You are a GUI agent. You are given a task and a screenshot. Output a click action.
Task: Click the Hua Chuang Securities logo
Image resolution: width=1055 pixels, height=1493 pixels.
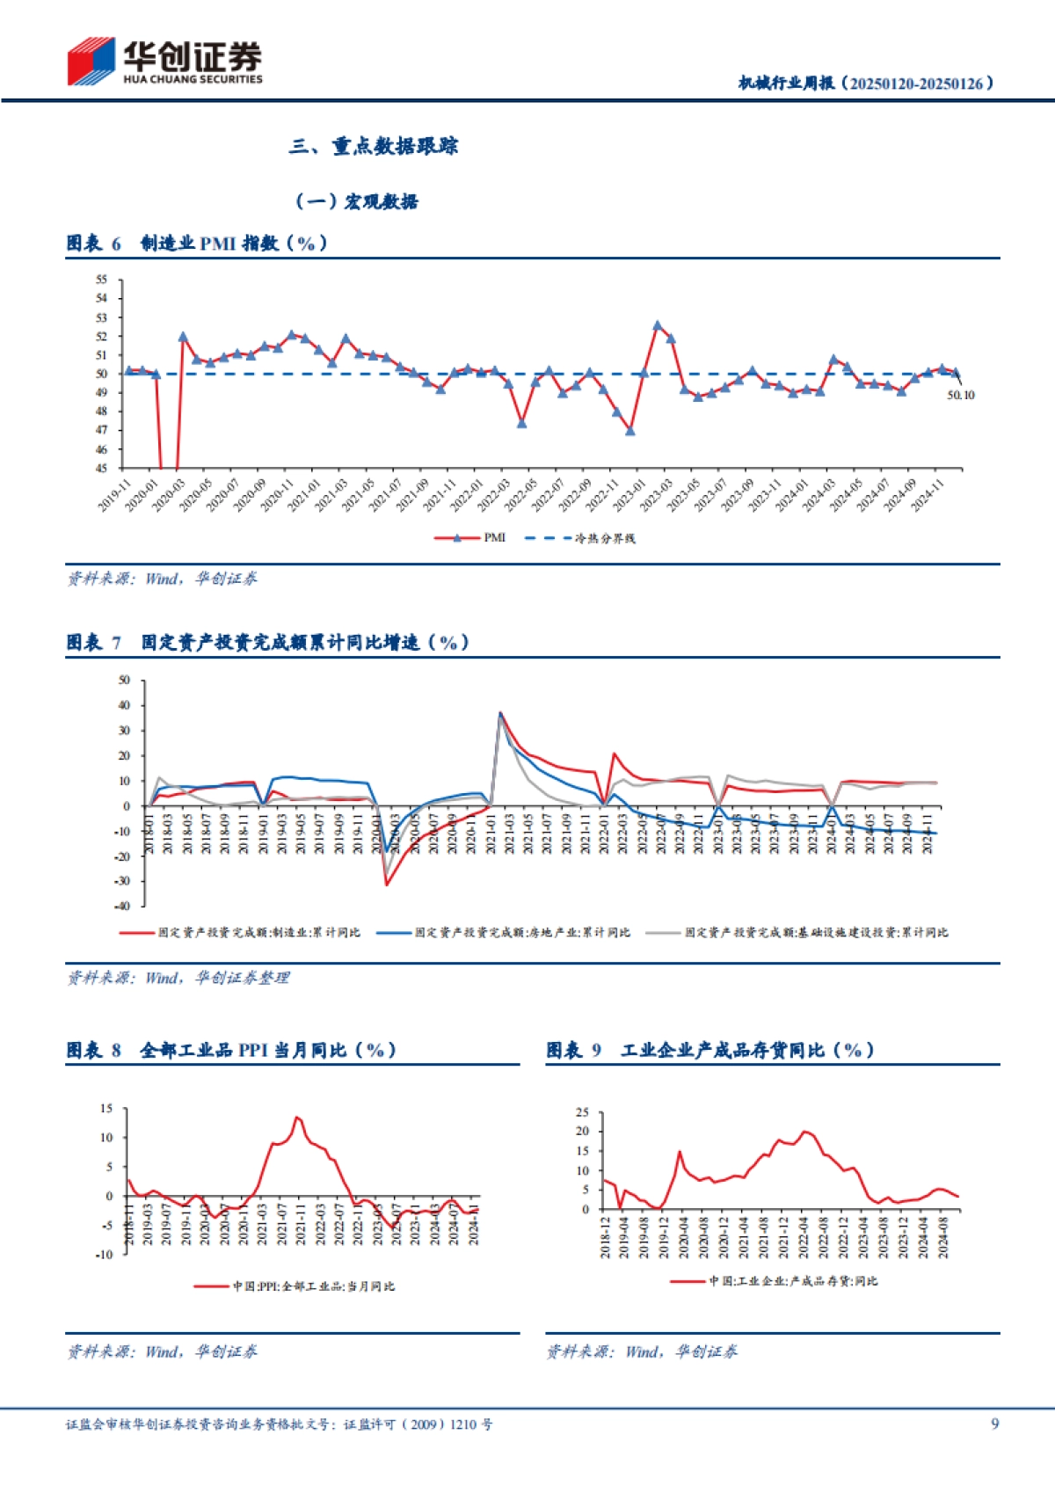tap(164, 62)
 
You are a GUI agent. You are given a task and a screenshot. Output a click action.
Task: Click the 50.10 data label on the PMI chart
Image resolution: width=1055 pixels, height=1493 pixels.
tap(960, 396)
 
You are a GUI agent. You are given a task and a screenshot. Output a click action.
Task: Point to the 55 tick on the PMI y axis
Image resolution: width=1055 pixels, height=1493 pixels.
tap(101, 280)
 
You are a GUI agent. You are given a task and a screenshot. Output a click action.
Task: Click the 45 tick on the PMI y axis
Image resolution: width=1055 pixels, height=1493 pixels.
tap(101, 468)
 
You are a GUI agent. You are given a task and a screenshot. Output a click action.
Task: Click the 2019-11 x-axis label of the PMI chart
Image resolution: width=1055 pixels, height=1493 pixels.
tap(114, 494)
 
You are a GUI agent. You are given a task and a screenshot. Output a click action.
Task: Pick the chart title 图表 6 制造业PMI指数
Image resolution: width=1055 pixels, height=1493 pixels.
tap(197, 243)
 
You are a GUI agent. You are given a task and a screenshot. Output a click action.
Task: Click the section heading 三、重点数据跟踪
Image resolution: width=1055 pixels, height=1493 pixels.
tap(374, 146)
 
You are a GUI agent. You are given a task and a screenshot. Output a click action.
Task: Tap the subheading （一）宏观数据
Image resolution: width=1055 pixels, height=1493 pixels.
tap(356, 201)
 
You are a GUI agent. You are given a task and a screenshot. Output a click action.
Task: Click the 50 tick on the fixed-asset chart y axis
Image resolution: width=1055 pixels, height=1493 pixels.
tap(124, 680)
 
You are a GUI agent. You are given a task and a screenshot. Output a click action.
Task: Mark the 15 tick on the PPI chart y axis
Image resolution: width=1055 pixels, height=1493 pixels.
tap(106, 1109)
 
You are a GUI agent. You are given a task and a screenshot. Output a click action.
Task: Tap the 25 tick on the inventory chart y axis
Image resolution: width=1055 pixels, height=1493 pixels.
tap(582, 1112)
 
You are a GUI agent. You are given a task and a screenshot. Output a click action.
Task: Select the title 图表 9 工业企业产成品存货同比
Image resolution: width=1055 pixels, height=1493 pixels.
tap(710, 1050)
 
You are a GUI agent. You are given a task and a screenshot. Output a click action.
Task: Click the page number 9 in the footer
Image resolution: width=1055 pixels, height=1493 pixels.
tap(994, 1424)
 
